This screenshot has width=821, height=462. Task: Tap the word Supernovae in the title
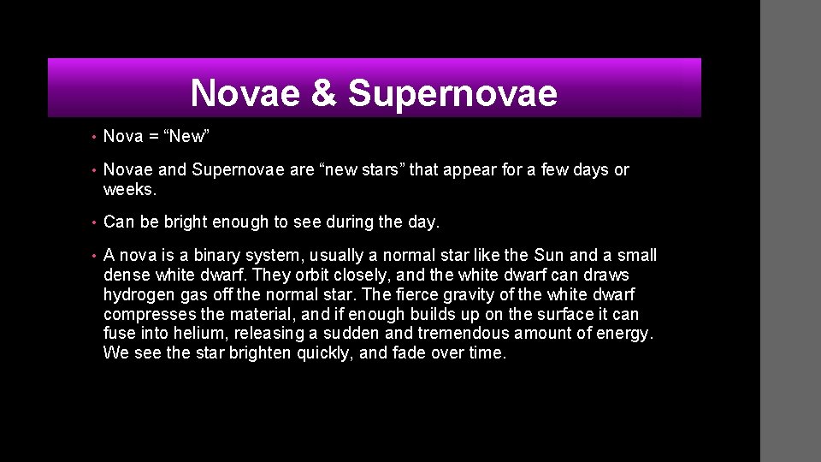pos(453,93)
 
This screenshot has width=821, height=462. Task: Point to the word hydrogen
pos(137,294)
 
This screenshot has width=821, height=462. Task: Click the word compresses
pos(147,314)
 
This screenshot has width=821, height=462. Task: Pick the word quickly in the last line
pos(326,352)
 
